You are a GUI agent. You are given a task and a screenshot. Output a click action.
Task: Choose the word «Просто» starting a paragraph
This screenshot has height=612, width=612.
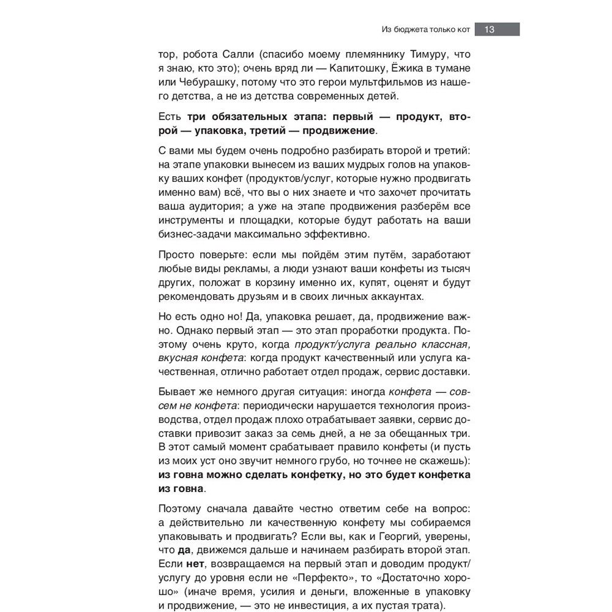(x=176, y=255)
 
